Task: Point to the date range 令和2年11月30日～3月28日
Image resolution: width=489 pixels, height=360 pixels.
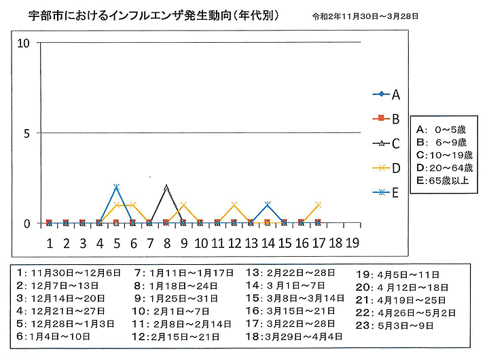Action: pos(365,15)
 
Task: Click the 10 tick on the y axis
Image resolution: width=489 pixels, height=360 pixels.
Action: pos(24,43)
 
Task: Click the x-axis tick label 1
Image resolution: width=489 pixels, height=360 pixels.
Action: pos(49,242)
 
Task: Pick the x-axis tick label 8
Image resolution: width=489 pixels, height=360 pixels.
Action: pos(166,242)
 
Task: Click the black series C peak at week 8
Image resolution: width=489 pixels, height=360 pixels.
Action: pos(166,186)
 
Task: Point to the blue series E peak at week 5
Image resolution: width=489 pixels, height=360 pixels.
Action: pos(116,187)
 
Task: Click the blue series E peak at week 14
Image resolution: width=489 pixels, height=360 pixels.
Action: pos(268,204)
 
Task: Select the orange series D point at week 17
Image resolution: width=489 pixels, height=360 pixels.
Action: pos(318,204)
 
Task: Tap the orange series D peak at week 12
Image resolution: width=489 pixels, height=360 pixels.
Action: pos(234,204)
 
